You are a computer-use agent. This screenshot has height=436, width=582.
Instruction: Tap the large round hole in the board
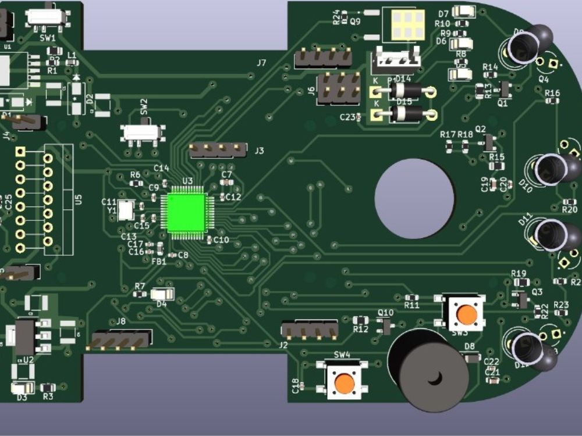[414, 198]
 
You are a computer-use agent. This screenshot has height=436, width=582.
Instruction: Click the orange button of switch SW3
[466, 315]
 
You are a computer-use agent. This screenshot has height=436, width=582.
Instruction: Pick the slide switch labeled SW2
[143, 133]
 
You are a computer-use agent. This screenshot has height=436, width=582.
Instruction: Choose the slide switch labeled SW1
[45, 16]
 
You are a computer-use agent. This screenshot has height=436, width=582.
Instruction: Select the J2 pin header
[310, 330]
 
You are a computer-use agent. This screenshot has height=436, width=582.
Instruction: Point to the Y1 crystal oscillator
[126, 210]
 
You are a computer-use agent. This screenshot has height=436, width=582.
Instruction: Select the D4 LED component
[162, 295]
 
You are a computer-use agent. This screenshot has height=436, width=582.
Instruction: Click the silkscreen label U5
[79, 200]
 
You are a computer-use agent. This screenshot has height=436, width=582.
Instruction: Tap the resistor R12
[361, 320]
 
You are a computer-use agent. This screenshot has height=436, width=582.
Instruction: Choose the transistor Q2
[490, 141]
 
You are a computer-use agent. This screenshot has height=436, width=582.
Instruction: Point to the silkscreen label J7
[261, 63]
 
